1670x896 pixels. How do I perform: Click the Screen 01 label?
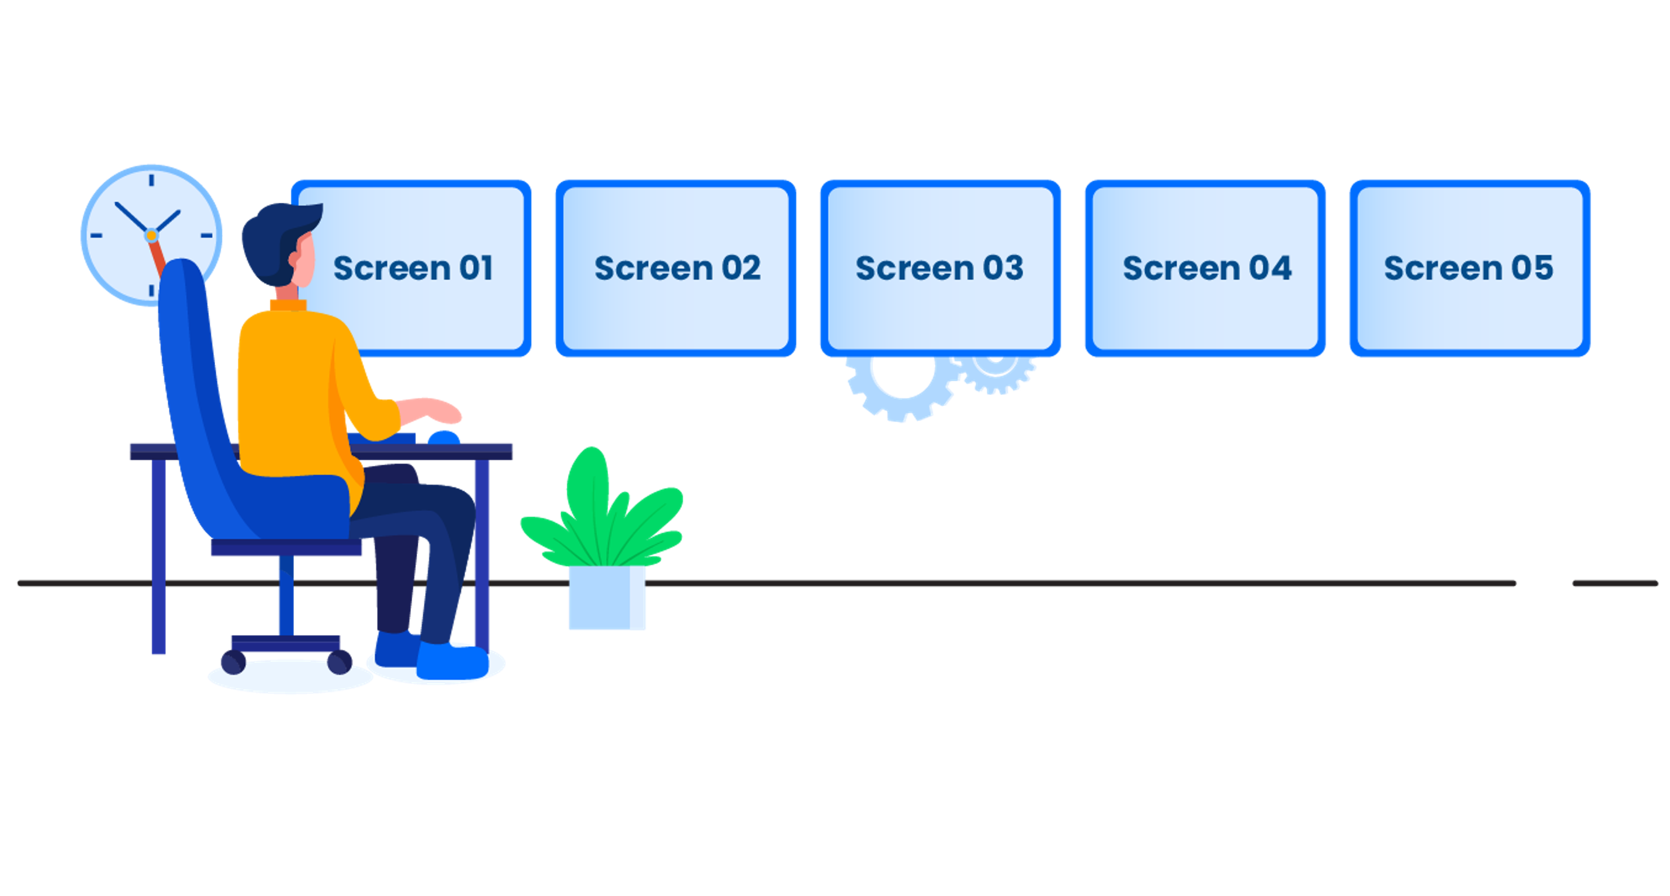pos(413,268)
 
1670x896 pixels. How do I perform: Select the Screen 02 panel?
pos(676,268)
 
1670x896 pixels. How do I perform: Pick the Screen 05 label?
pos(1468,268)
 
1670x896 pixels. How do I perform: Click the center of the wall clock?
pos(151,235)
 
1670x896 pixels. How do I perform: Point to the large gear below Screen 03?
pos(903,386)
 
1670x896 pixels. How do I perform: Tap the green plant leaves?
pos(603,512)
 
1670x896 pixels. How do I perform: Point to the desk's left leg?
pos(159,558)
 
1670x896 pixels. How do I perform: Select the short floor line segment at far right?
pos(1614,584)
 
